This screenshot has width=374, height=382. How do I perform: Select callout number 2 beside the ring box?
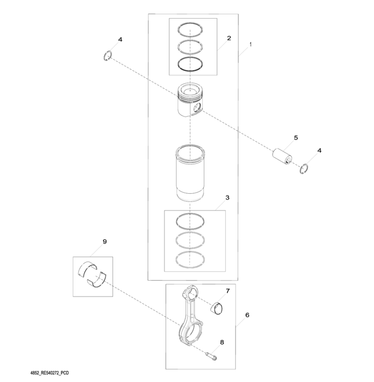229,38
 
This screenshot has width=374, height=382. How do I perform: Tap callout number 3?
227,197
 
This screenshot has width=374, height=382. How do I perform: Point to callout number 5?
296,138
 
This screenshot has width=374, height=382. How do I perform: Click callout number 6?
247,315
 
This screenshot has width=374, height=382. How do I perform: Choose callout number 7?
227,291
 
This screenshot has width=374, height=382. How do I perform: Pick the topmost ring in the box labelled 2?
190,30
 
